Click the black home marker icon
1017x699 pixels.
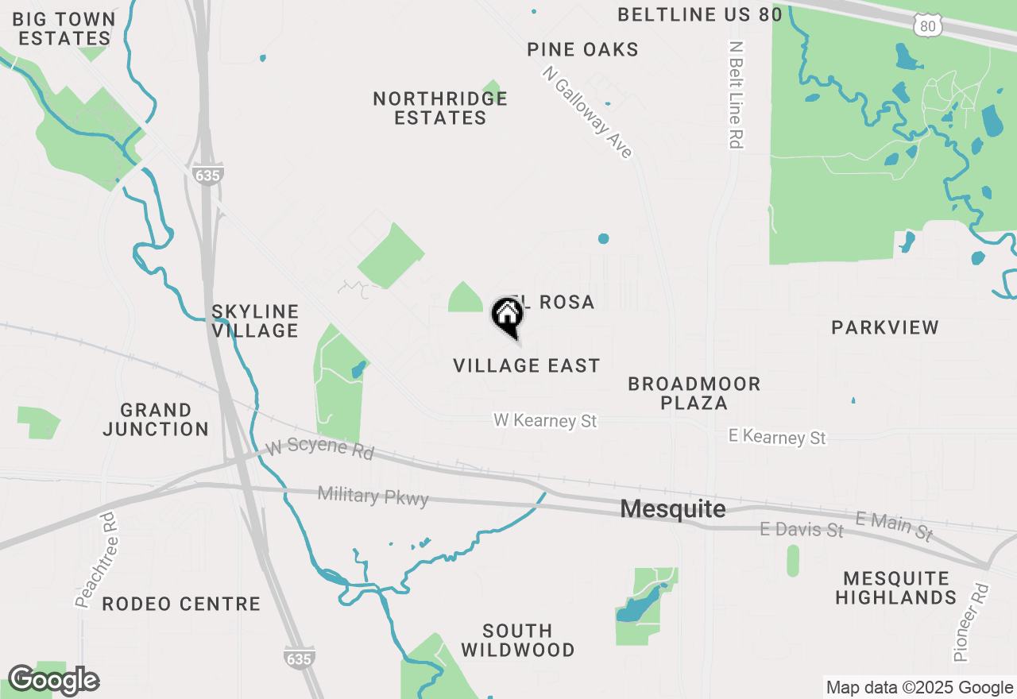(x=507, y=315)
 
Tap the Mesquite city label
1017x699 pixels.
(x=672, y=509)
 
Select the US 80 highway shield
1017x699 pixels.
(x=928, y=26)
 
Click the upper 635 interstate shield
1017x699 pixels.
(x=207, y=175)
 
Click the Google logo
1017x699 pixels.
(x=53, y=681)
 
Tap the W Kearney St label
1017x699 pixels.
(x=545, y=420)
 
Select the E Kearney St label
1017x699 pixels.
(x=777, y=437)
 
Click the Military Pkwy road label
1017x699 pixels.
(x=373, y=496)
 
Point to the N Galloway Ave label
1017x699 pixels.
(x=588, y=111)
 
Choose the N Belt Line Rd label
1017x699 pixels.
(x=737, y=95)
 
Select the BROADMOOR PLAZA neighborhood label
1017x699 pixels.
(x=694, y=393)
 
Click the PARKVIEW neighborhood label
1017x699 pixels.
(x=885, y=327)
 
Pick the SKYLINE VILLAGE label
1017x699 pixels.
(x=255, y=321)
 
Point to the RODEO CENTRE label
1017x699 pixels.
(x=181, y=604)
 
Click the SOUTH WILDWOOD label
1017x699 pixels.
(x=517, y=640)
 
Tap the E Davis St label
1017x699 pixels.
(x=801, y=529)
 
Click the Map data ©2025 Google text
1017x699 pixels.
(x=919, y=688)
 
